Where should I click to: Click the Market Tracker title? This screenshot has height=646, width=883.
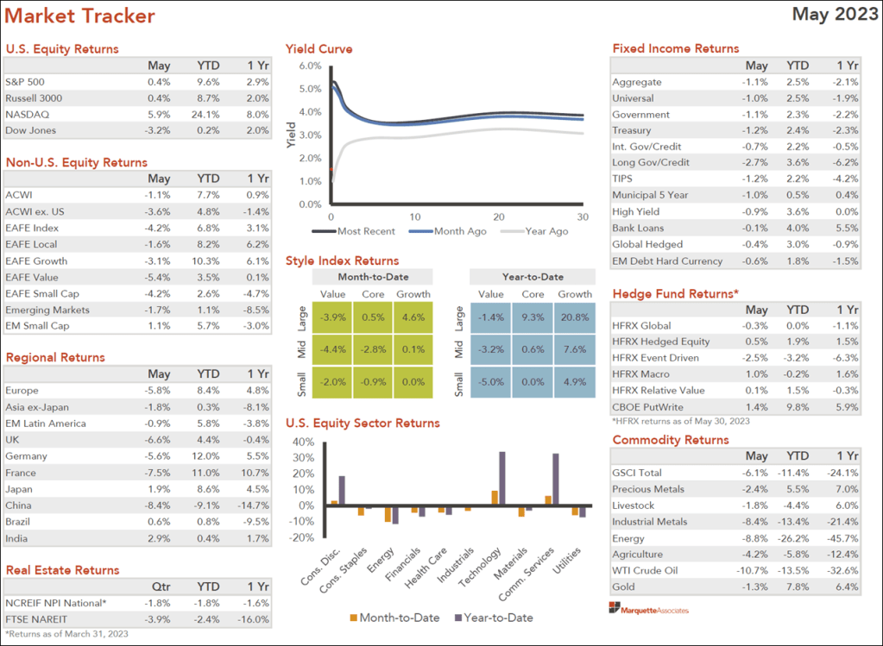[x=80, y=16]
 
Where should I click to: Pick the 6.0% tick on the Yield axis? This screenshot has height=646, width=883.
[x=309, y=66]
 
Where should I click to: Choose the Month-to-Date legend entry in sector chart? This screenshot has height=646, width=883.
[x=394, y=618]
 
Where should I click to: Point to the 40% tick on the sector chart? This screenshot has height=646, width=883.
[x=302, y=442]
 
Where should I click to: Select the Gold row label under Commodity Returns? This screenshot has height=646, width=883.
[x=624, y=587]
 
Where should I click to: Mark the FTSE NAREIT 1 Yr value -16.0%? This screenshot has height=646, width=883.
[x=257, y=619]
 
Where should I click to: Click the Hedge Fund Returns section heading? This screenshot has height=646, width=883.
[x=675, y=294]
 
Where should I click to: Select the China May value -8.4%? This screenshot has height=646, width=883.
[x=158, y=505]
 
